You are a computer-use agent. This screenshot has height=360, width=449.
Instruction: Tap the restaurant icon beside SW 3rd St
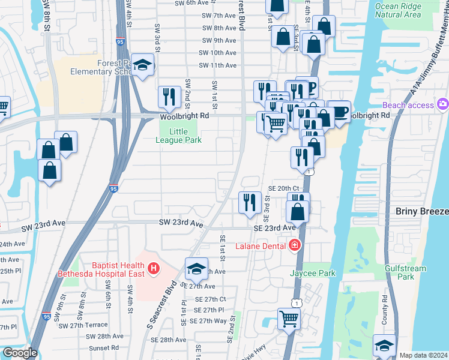[x=169, y=96]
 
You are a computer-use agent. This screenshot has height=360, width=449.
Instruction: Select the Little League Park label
[x=178, y=136]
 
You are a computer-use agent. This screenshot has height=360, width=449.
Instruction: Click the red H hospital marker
[x=154, y=268]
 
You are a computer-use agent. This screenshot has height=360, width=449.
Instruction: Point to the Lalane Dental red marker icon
[x=294, y=244]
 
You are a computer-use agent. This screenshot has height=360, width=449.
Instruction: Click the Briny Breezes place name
[x=422, y=211]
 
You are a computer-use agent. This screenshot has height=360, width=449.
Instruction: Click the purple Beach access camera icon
[x=442, y=105]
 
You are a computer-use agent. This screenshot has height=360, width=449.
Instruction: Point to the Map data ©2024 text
[x=423, y=355]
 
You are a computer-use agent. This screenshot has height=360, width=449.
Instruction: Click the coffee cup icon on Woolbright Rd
[x=339, y=112]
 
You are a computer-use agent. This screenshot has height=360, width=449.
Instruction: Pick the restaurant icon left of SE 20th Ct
[x=250, y=202]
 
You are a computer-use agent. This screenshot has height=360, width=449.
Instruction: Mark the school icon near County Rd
[x=384, y=345]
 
